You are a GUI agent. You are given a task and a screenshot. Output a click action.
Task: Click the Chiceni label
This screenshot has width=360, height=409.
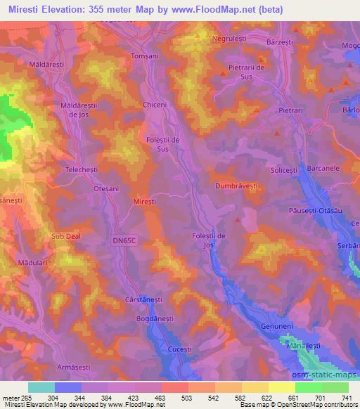click(155, 105)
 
